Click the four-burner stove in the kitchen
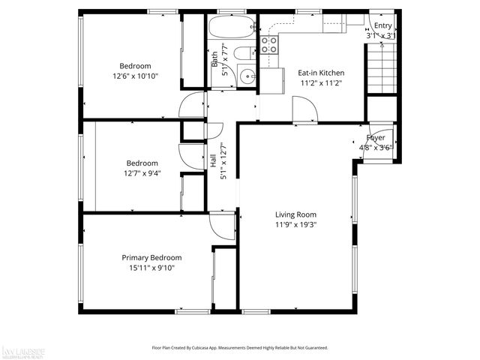coord(269,44)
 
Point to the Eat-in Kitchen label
coord(319,73)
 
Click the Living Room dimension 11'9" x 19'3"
coord(296,223)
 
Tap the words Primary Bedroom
coord(151,257)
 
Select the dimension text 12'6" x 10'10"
coord(136,76)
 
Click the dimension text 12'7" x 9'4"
coord(142,173)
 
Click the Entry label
coord(383,25)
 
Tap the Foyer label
coord(376,138)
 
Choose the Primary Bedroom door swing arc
coord(222,223)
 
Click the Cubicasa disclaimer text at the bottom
coord(240,348)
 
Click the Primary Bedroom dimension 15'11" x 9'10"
coord(151,267)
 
